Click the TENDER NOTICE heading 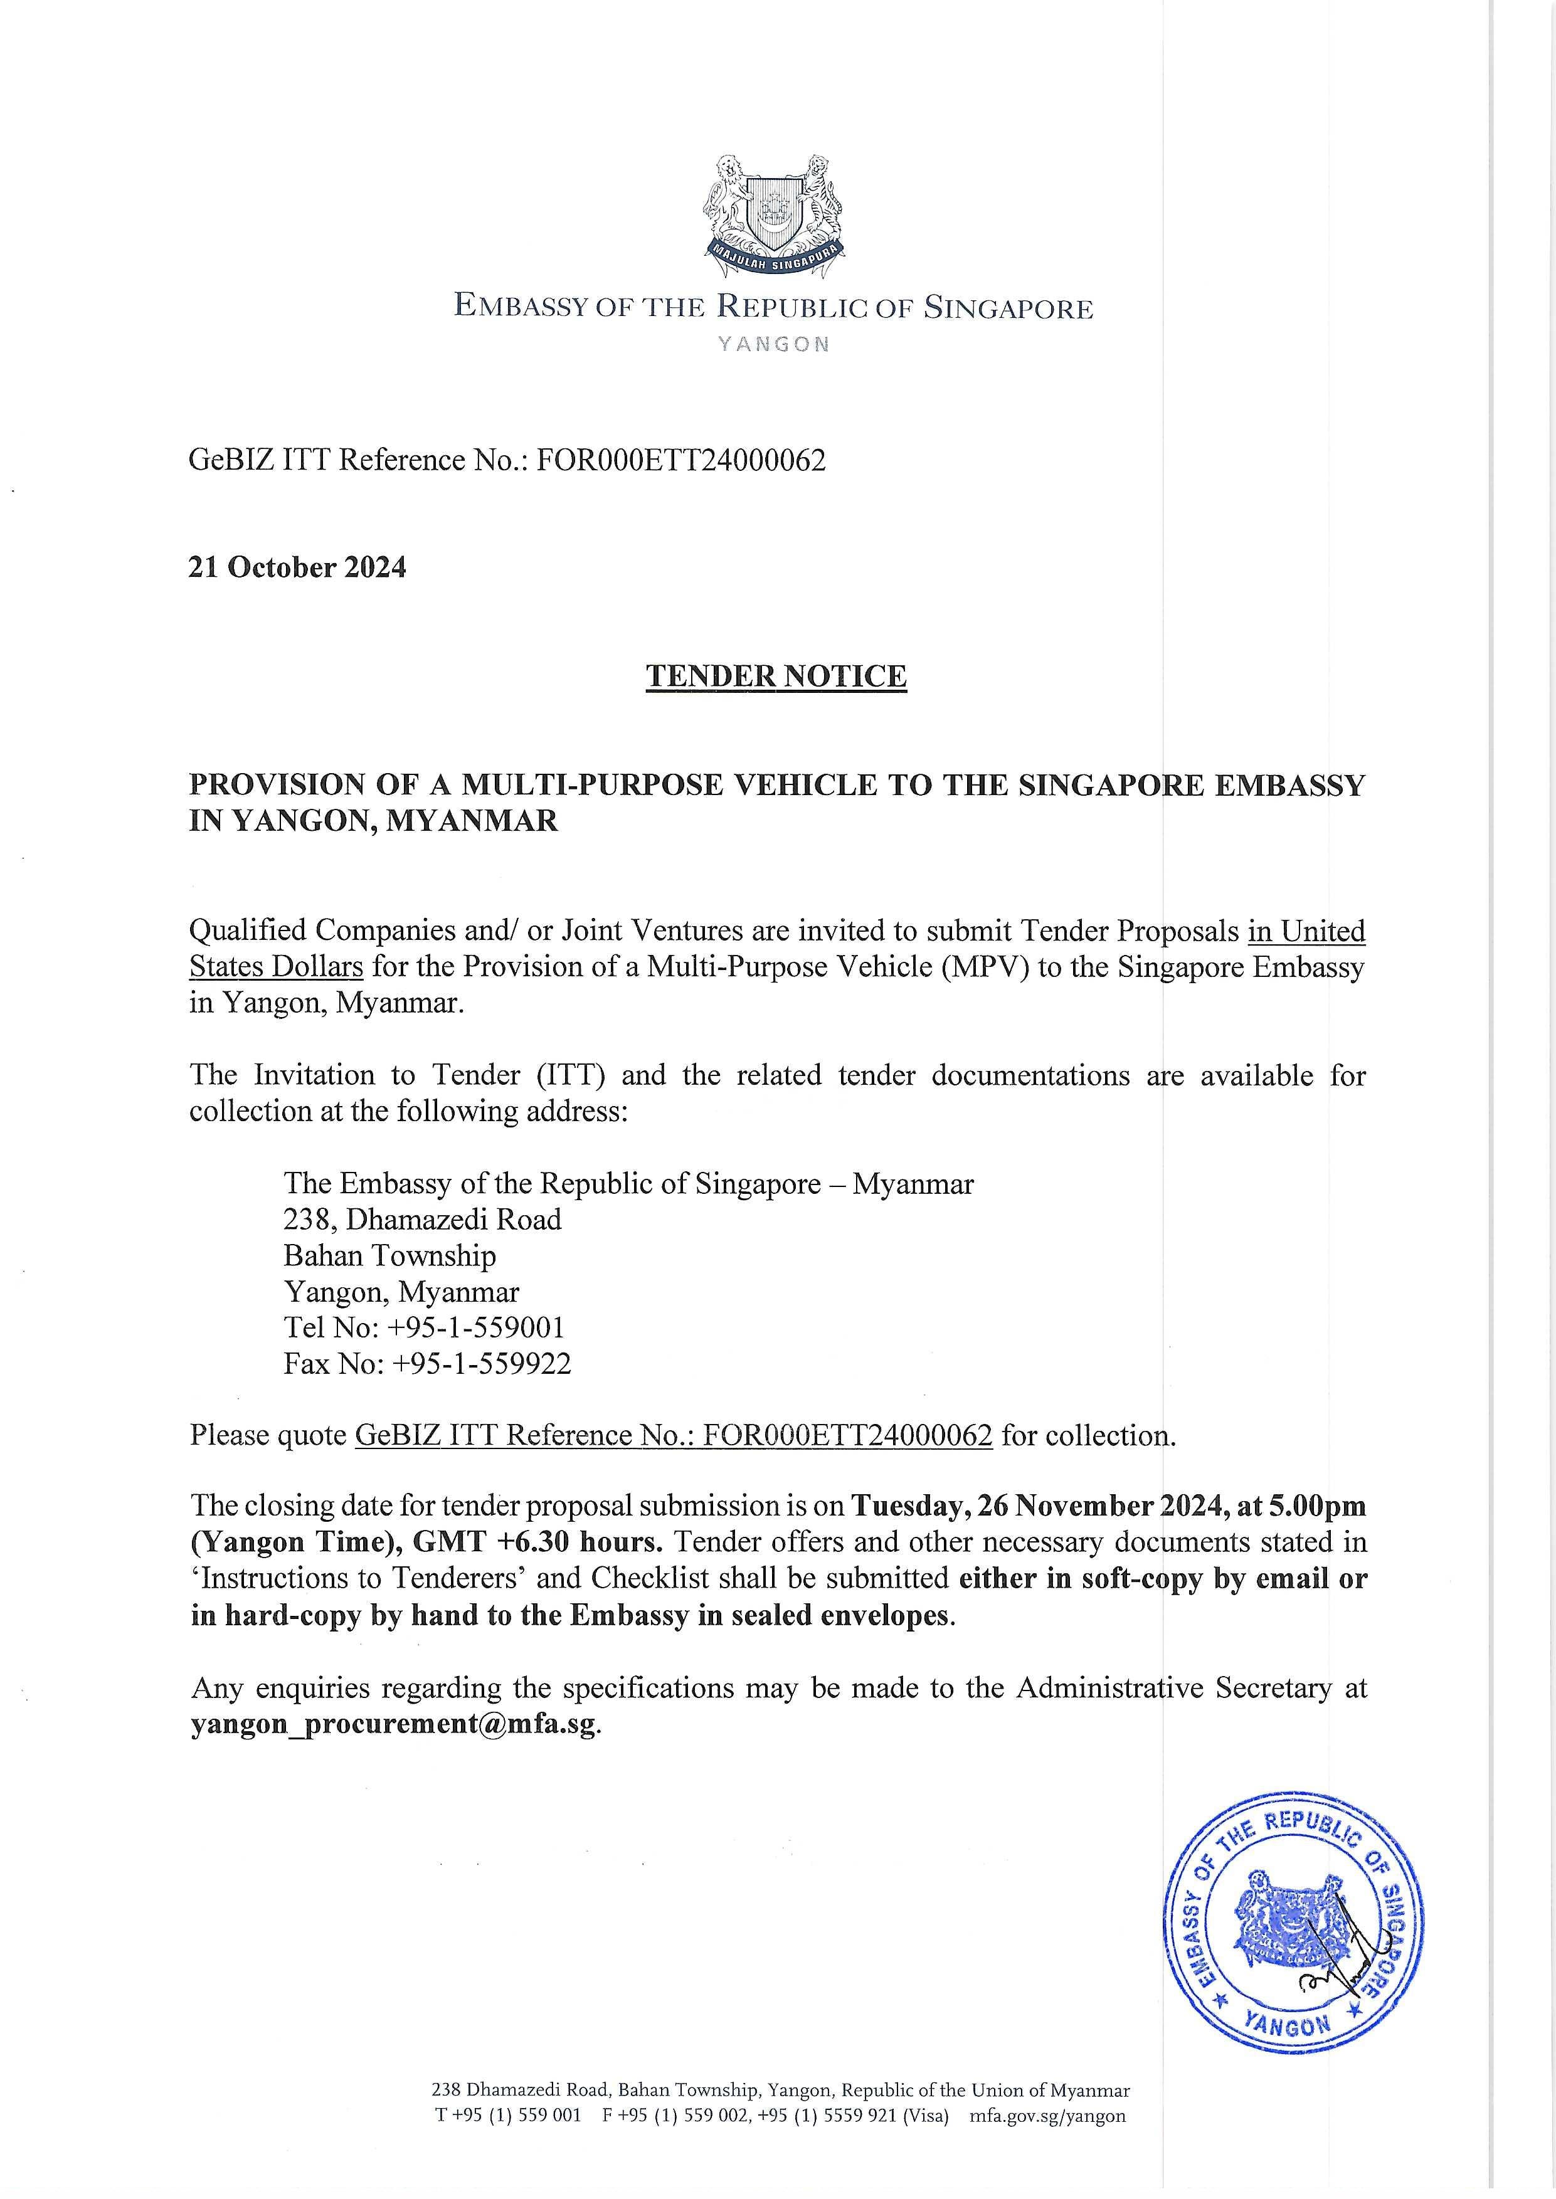[776, 676]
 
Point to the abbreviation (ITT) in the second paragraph [574, 1075]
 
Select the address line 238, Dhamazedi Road [423, 1219]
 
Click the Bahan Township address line [390, 1255]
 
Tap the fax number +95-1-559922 [481, 1363]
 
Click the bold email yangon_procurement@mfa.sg [394, 1724]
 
